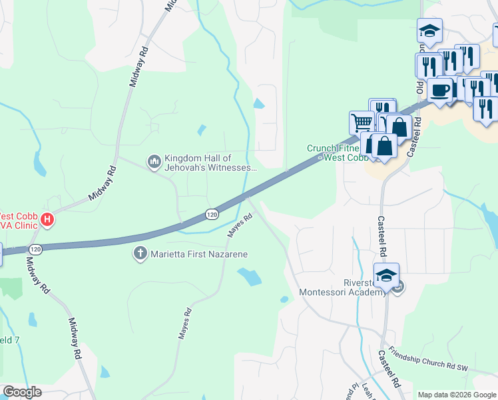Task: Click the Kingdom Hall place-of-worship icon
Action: (154, 161)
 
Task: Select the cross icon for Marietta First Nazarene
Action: (140, 253)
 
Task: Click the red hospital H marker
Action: (47, 219)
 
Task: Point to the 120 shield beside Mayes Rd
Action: (212, 214)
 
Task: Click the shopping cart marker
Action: (361, 123)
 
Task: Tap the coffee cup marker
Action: (439, 90)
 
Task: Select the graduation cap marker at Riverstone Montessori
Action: (386, 274)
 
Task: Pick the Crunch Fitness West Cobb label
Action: (337, 153)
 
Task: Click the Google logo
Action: (22, 392)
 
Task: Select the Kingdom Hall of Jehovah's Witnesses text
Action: (210, 163)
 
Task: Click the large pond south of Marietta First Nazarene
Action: (249, 277)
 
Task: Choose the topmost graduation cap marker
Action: (429, 31)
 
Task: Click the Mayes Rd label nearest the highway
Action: (241, 225)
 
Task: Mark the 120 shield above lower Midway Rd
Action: (35, 249)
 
